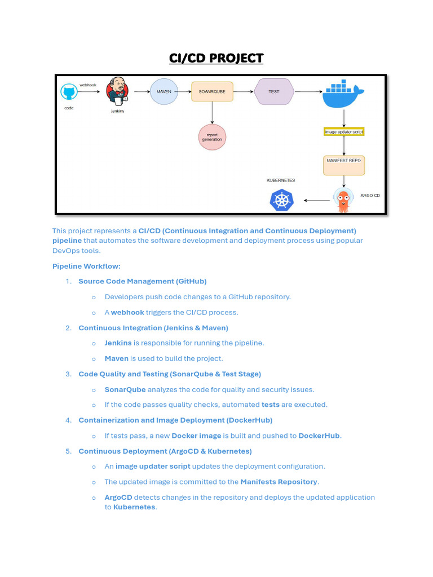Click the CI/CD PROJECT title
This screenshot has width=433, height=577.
point(216,58)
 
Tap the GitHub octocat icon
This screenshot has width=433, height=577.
point(69,93)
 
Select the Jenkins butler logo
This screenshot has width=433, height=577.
point(118,92)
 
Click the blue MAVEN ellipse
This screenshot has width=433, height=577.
point(164,91)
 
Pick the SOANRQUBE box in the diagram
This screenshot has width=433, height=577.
point(212,91)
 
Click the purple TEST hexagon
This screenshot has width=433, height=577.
point(273,91)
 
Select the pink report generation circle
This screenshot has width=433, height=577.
point(212,136)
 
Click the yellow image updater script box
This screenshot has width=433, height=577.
point(344,132)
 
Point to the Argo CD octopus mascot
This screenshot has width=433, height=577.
point(343,200)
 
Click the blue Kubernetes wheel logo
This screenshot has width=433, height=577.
point(281,200)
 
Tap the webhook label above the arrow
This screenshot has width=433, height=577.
point(88,85)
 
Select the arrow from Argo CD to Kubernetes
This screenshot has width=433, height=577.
point(317,200)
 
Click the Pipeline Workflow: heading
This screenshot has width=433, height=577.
point(86,266)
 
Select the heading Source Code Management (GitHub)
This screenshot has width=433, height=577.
point(142,281)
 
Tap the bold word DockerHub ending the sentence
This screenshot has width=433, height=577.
point(319,436)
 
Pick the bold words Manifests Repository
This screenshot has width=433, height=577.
point(279,482)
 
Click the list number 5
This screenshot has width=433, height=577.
point(68,451)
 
